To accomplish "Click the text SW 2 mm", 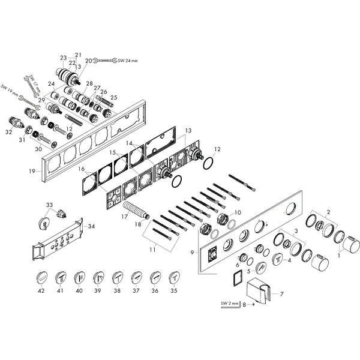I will [228, 304].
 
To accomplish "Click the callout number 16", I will [82, 170].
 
